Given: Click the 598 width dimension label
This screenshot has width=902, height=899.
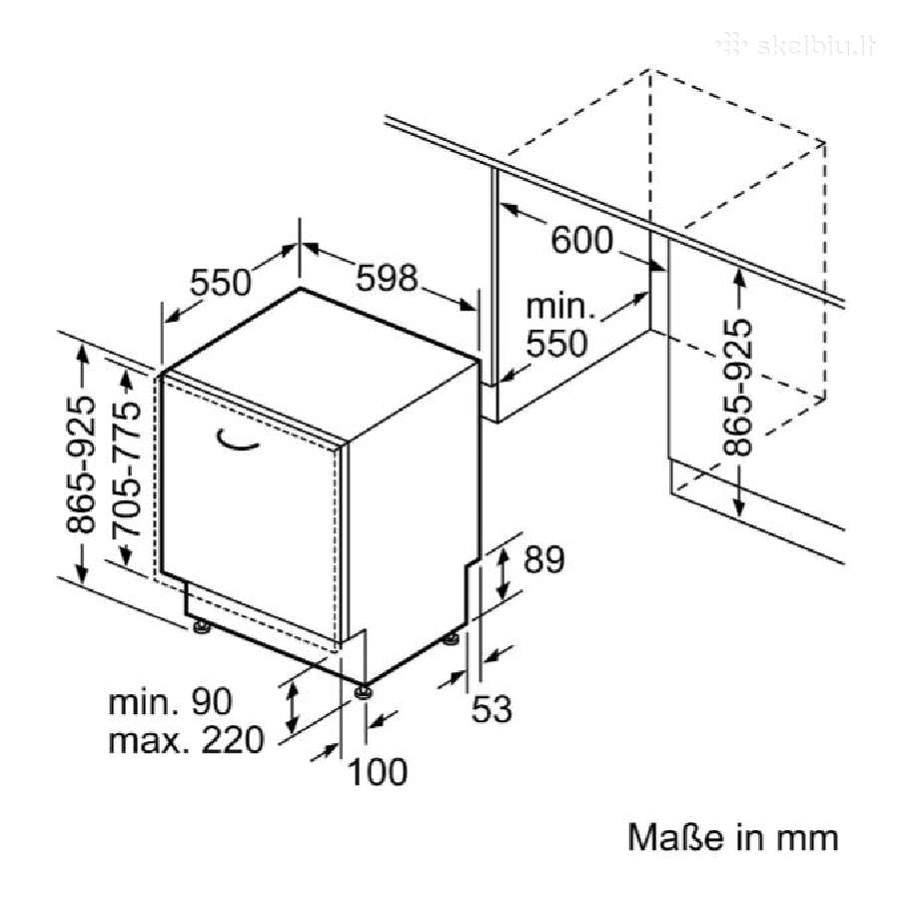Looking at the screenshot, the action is pos(386,278).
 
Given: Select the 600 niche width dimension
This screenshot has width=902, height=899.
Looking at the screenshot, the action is pos(581,240).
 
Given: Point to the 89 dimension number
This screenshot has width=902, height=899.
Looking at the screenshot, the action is pos(543,559).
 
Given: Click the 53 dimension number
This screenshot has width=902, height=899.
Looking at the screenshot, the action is pos(491,708).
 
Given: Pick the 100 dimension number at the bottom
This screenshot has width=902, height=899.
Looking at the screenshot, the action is pos(378,772).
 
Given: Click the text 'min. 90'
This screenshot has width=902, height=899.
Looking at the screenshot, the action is pos(170,701).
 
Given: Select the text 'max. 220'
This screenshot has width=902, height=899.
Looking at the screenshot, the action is pos(186,739).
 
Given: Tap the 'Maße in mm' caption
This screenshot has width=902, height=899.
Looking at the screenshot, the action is pos(732,837).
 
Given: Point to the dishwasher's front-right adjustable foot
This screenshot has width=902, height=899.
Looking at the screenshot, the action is pos(363,691).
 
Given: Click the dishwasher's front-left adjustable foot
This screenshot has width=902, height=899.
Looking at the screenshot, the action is pos(201,627).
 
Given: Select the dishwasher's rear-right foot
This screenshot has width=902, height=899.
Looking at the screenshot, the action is pos(451,639).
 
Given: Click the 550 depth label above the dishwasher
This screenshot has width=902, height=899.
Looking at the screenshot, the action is pos(221,283).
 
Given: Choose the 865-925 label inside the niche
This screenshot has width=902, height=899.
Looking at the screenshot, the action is pos(737,388).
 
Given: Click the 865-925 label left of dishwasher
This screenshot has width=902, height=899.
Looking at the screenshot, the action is pos(79,464).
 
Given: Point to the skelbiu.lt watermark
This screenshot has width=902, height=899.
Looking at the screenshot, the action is pos(797,45).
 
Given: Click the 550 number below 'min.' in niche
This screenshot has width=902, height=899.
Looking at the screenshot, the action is pos(556,344).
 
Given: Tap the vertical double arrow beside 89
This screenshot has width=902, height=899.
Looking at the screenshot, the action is pos(502,573).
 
